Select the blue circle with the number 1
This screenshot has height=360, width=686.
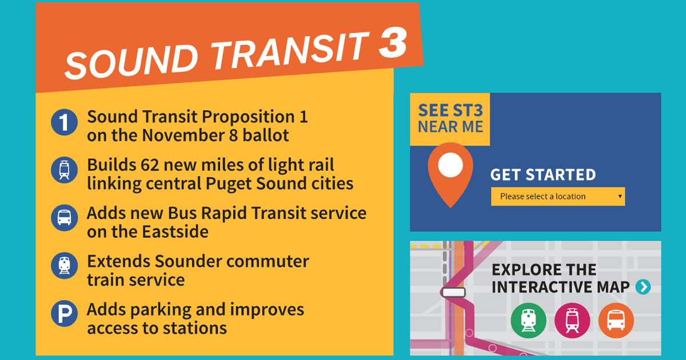point(64,123)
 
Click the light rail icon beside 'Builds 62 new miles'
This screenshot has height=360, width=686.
point(64,170)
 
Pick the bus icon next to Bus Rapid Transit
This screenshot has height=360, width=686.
point(64,218)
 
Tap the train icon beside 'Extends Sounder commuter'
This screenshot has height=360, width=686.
point(64,266)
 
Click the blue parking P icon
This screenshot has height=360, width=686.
point(64,314)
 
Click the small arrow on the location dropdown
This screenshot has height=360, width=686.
point(620,197)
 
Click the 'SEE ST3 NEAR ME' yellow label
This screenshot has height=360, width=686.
point(450,118)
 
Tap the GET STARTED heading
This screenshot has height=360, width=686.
point(543,175)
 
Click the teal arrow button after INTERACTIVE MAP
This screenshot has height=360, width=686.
point(643,287)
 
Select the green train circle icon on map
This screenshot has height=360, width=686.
point(528,321)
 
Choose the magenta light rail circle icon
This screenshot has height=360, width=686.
point(572,321)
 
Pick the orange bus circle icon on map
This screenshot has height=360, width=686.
point(616,321)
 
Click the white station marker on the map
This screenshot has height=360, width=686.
point(453,292)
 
